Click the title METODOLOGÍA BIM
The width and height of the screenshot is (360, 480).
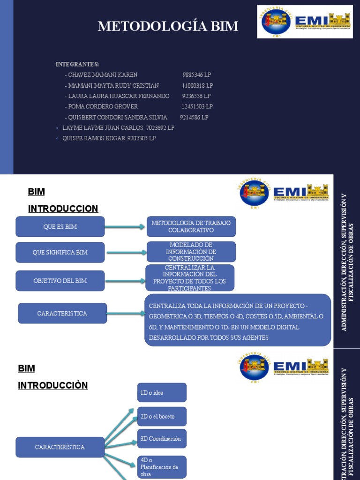tap(168, 27)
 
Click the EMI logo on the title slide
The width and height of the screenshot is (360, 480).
tap(305, 22)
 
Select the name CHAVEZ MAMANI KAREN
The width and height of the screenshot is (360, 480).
tap(103, 75)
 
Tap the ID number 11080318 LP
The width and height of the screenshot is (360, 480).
tap(197, 86)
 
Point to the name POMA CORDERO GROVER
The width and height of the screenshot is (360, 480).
tap(103, 107)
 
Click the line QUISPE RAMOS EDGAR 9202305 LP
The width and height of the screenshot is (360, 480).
tap(109, 138)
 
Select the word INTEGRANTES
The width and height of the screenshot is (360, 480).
tap(77, 64)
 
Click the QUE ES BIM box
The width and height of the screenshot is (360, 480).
tap(60, 227)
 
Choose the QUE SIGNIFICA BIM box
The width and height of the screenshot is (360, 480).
tap(60, 253)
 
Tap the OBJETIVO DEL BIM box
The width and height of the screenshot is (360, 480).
tap(60, 281)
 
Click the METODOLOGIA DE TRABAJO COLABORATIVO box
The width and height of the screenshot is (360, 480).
tap(191, 226)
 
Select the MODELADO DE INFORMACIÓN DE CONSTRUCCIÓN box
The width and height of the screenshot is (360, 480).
tap(191, 252)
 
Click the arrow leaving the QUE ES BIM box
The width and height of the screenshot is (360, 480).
tap(125, 227)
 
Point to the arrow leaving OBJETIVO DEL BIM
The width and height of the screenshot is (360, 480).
tap(125, 281)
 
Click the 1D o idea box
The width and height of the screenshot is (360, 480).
tap(162, 393)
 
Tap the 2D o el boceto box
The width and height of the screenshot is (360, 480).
tap(162, 416)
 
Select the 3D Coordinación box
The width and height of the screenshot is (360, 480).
tap(162, 439)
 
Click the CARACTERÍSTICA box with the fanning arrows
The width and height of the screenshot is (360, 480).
tap(60, 447)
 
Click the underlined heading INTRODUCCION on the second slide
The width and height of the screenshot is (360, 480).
tap(63, 209)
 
